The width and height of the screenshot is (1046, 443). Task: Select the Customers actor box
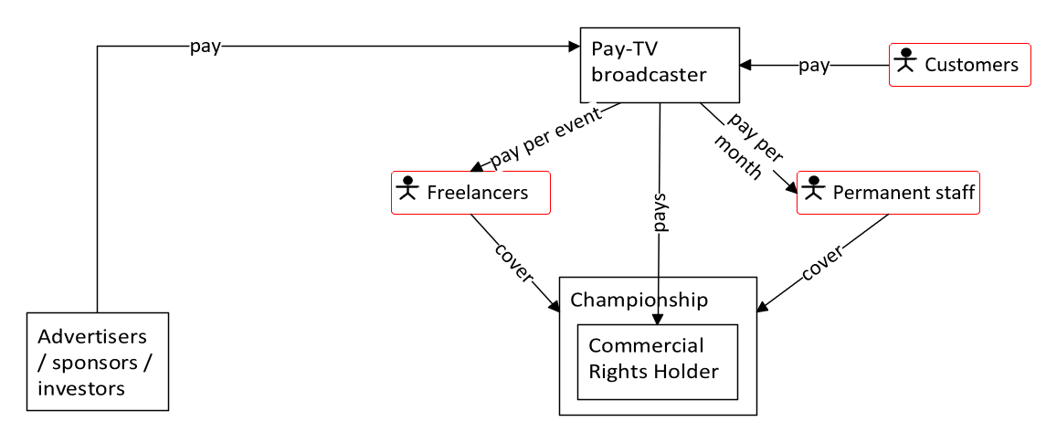960,65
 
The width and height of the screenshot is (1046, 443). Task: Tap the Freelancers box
470,193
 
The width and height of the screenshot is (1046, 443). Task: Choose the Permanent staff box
888,193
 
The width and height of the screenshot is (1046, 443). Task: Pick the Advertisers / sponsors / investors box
98,362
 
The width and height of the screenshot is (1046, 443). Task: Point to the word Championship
639,300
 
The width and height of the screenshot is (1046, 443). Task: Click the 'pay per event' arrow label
546,138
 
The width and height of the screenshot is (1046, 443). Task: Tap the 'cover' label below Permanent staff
821,262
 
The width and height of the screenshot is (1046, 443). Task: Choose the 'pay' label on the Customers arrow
814,65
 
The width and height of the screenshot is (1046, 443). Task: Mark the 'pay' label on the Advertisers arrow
205,47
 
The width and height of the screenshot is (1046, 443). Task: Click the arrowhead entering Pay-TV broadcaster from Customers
745,65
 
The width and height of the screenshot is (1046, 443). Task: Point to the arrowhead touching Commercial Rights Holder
657,318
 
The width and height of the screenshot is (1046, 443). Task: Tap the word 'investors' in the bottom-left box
81,388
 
